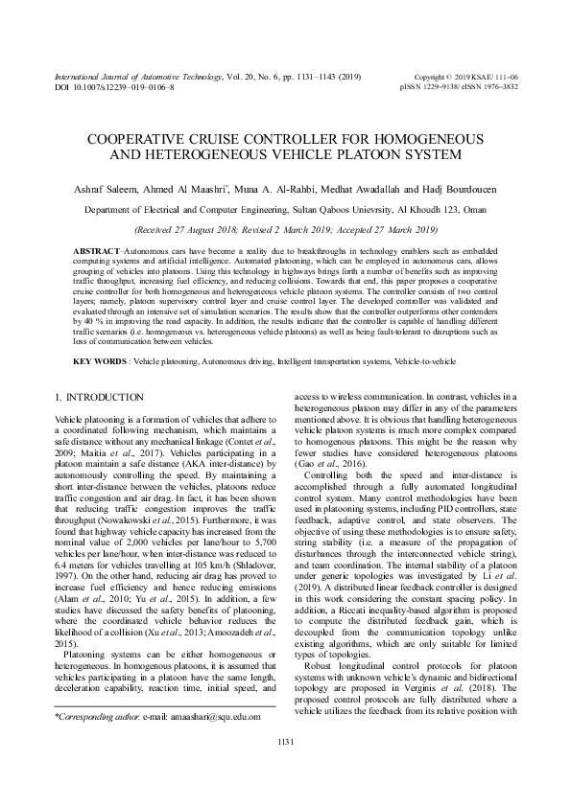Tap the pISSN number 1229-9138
443,85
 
